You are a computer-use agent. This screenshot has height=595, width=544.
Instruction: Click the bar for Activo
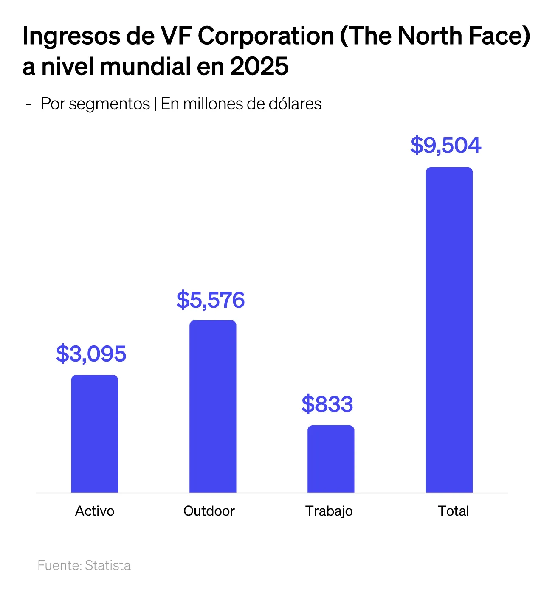(94, 433)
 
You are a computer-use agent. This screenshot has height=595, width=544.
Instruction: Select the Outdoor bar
(213, 406)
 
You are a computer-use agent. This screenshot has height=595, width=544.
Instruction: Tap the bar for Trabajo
(331, 459)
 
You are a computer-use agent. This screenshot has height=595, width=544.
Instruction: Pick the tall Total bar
(449, 330)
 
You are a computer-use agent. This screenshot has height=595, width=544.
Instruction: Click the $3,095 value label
(91, 354)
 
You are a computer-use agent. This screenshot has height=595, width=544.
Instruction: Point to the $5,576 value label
(211, 300)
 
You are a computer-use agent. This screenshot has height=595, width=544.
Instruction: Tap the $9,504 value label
(445, 145)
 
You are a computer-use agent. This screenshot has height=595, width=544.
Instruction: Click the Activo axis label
(95, 511)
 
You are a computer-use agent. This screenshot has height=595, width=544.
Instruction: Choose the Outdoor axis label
(209, 511)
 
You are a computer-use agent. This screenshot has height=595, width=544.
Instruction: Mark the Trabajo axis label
(329, 511)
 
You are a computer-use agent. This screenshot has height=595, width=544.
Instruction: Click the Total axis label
(454, 511)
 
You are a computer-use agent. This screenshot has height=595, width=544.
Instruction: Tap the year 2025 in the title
(259, 67)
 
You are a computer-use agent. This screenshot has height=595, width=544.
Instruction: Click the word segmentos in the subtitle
(109, 104)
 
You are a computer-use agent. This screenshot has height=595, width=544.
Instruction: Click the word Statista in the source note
(108, 565)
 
